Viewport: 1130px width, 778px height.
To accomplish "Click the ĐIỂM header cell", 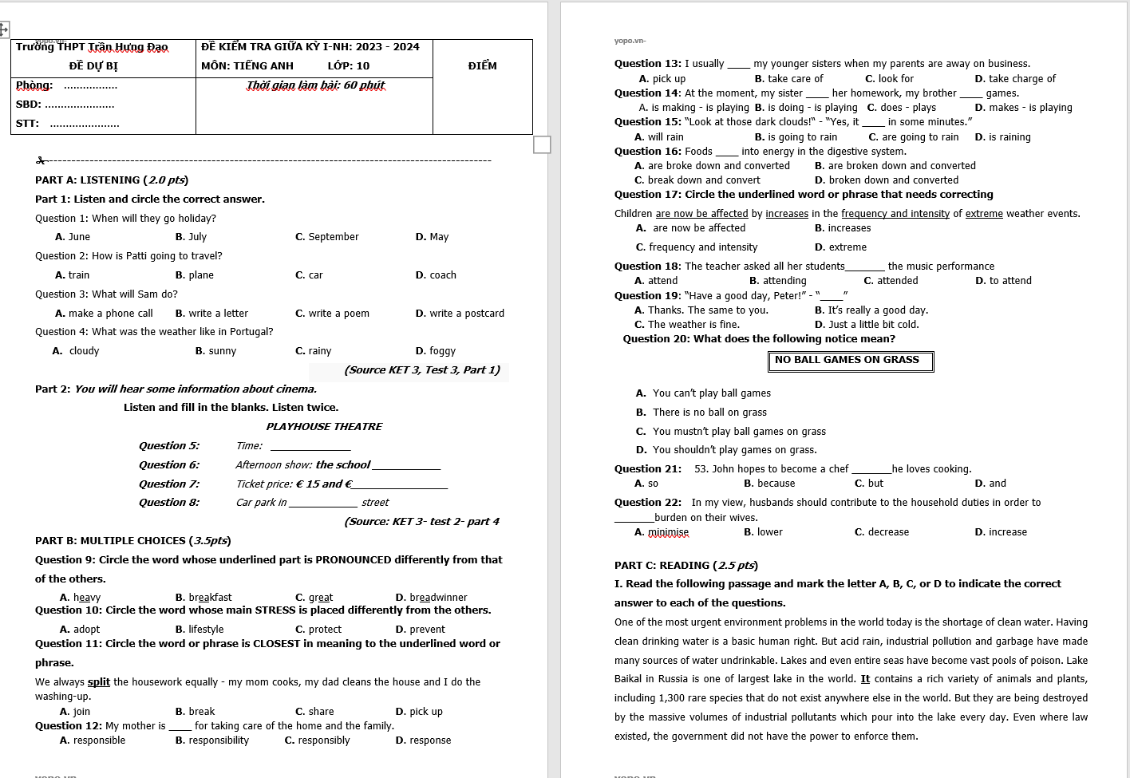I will pyautogui.click(x=482, y=66).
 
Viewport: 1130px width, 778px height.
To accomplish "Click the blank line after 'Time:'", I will pyautogui.click(x=310, y=447).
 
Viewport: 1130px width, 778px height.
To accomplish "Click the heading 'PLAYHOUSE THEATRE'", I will pyautogui.click(x=324, y=427).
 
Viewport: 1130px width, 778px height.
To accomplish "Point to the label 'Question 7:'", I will pyautogui.click(x=168, y=484).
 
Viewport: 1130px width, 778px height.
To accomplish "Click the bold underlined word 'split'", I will pyautogui.click(x=99, y=682).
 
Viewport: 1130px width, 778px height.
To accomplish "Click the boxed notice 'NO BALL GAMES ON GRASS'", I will pyautogui.click(x=850, y=361).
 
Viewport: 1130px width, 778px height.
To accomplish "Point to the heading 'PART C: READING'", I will pyautogui.click(x=685, y=566).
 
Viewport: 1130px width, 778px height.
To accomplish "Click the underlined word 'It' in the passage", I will pyautogui.click(x=865, y=679).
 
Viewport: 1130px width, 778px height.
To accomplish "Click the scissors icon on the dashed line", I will pyautogui.click(x=41, y=161).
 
